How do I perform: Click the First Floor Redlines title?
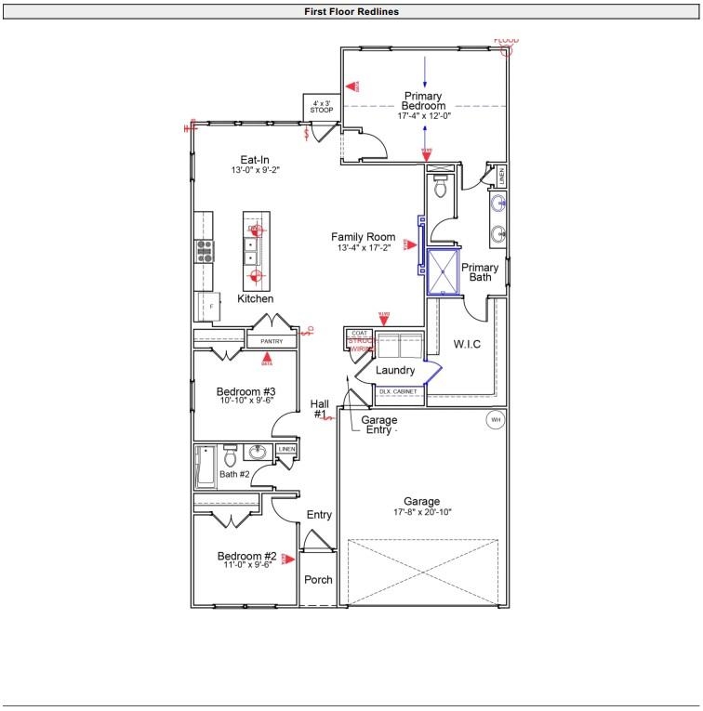(x=351, y=12)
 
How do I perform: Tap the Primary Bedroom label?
(x=424, y=101)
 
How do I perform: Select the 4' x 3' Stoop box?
(x=322, y=106)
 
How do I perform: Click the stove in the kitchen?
(x=204, y=249)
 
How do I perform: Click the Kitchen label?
(x=255, y=299)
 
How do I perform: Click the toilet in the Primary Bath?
(x=441, y=188)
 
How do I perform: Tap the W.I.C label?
(x=466, y=345)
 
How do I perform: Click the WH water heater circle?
(x=495, y=420)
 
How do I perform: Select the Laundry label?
(x=395, y=370)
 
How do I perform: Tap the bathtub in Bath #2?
(x=205, y=467)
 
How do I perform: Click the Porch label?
(x=318, y=580)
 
